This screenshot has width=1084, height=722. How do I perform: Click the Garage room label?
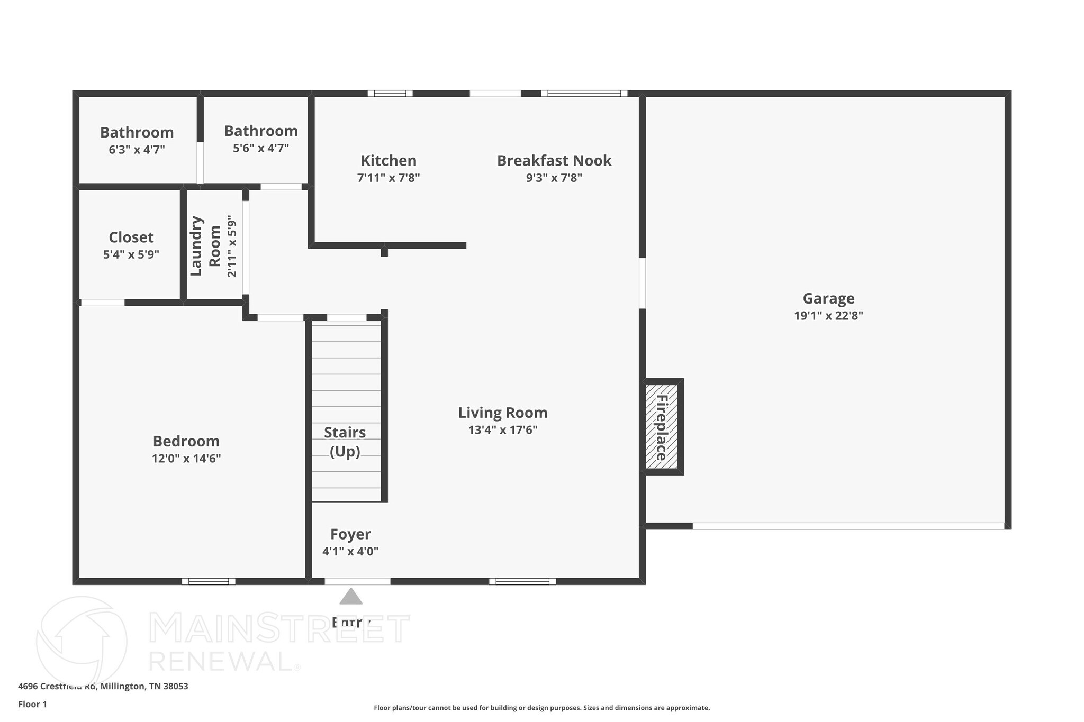[828, 299]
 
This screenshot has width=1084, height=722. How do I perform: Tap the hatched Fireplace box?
[662, 427]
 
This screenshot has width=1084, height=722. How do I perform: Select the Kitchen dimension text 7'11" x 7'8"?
[389, 178]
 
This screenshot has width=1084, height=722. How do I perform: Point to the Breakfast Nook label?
[554, 161]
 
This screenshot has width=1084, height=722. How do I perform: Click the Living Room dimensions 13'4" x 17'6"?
[503, 430]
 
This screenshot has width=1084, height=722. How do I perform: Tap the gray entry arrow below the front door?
[351, 597]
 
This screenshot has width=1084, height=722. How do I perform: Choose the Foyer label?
[350, 534]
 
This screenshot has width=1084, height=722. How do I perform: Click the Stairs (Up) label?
[345, 442]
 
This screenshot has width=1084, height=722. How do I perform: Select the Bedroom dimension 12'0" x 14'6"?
[186, 459]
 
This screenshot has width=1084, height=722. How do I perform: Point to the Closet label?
[131, 237]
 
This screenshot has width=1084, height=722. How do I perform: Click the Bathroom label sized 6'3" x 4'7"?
[137, 132]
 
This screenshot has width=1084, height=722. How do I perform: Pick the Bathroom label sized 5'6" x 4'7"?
[261, 131]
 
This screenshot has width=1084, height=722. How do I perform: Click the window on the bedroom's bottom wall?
[209, 581]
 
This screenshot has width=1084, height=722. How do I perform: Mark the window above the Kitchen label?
[390, 94]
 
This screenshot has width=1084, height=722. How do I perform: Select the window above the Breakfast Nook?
[584, 94]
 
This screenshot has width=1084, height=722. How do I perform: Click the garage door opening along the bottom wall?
[848, 526]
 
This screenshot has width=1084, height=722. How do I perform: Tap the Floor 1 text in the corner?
[33, 704]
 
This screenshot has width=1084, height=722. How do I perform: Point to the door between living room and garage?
[642, 283]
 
